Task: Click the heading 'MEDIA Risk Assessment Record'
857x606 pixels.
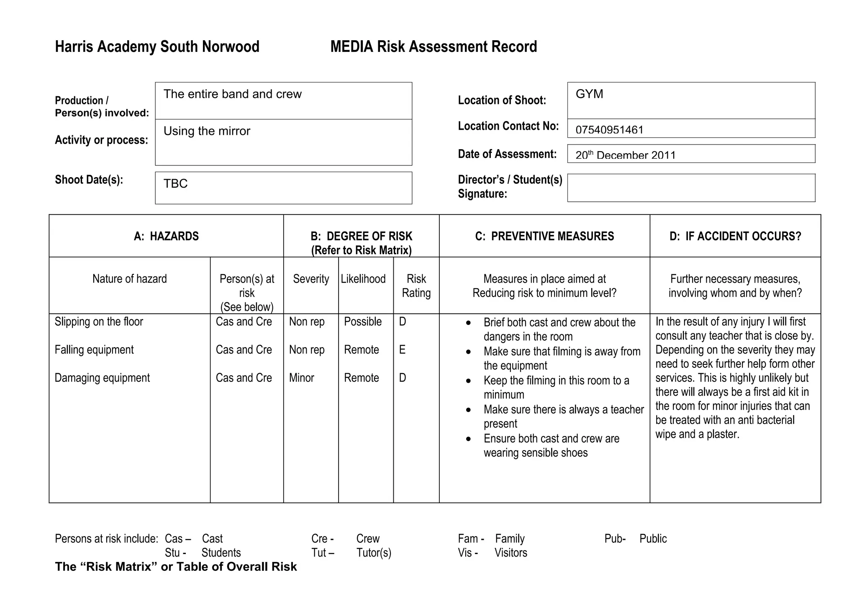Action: (434, 46)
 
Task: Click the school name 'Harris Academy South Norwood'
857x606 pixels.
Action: (157, 46)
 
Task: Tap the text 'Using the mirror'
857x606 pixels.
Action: (207, 131)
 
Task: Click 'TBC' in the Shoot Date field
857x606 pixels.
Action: (175, 183)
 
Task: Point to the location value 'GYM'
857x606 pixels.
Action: (589, 94)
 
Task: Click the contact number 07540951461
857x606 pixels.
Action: (609, 130)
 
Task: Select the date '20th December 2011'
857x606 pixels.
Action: (625, 155)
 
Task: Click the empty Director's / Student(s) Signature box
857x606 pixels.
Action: (691, 188)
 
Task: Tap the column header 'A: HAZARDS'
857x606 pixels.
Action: (166, 236)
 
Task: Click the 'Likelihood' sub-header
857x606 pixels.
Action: (363, 279)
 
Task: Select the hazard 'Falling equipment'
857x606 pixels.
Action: (94, 350)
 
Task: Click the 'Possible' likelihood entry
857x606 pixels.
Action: (363, 322)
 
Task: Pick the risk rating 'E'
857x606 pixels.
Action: (402, 350)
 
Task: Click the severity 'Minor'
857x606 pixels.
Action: (301, 378)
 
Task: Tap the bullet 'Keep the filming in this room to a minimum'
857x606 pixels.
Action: (556, 387)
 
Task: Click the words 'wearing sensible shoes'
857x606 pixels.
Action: (535, 453)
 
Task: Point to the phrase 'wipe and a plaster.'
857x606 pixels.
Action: (697, 434)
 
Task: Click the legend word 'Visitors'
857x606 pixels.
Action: (511, 553)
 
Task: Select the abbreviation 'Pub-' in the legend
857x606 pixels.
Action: (615, 539)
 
